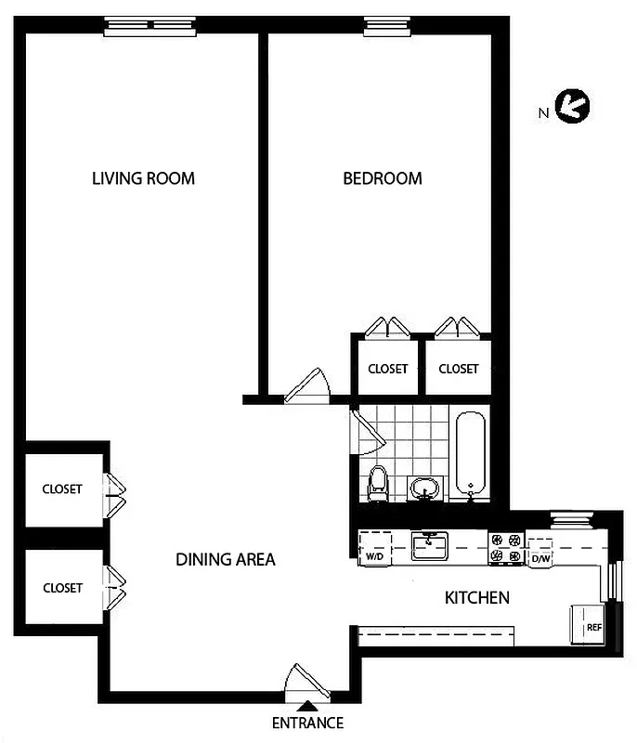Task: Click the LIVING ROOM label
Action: coord(143,178)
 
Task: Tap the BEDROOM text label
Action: coord(383,178)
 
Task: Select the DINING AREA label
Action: coord(226,560)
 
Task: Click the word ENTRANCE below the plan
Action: coord(307,723)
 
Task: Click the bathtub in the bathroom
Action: coord(471,453)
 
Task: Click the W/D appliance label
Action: coord(375,556)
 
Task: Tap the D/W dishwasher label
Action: coord(540,559)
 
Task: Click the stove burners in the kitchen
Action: coord(506,548)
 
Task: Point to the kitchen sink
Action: coord(430,545)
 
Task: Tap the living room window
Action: coord(150,27)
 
